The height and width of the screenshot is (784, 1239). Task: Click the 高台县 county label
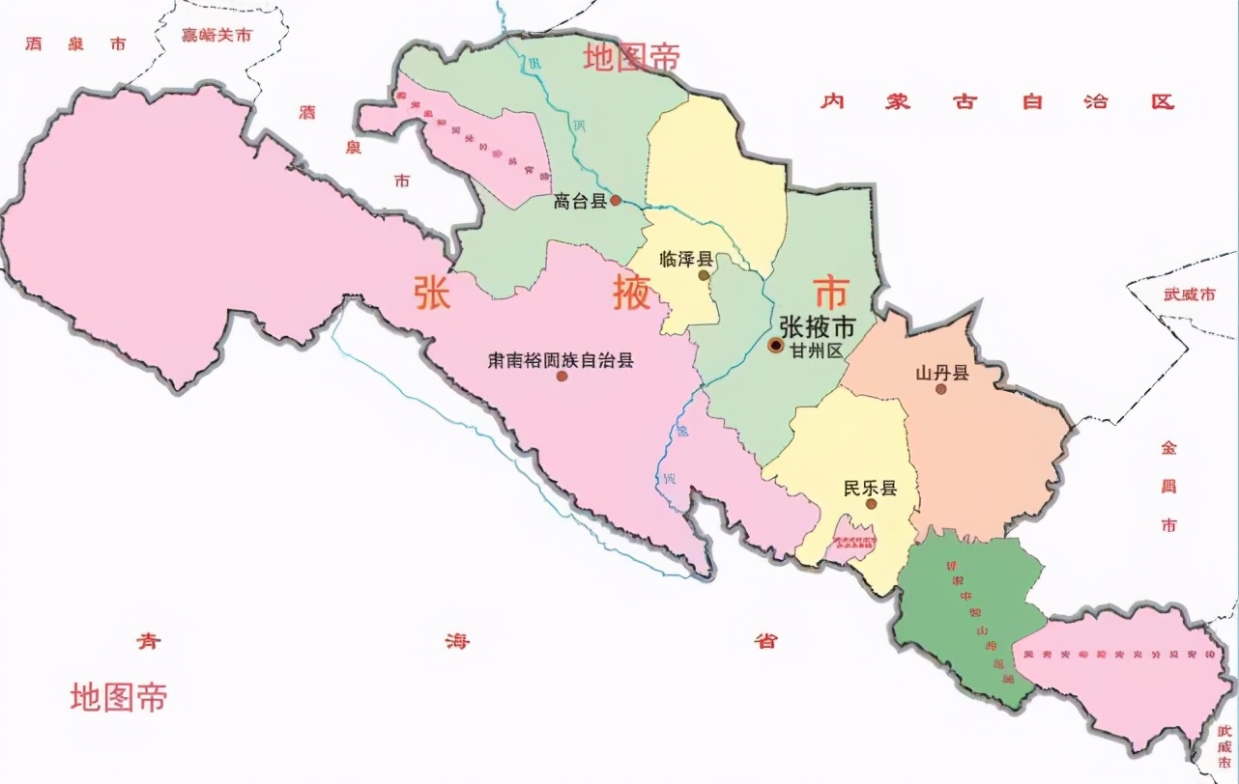tap(579, 202)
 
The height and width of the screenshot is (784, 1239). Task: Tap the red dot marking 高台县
tap(616, 201)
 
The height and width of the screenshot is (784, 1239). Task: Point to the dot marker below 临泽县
tap(704, 276)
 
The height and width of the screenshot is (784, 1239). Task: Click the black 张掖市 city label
tap(817, 327)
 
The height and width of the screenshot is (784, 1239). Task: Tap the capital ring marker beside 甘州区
tap(776, 345)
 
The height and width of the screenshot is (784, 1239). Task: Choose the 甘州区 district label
tap(817, 350)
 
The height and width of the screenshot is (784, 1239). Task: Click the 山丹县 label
tap(942, 373)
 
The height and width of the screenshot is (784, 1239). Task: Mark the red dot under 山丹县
tap(941, 389)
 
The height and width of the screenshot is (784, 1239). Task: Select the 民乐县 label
tap(870, 488)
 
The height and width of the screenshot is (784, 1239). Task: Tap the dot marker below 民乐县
tap(871, 504)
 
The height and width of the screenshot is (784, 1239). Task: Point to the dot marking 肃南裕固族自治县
tap(562, 376)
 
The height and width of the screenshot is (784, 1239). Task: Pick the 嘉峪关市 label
tap(216, 36)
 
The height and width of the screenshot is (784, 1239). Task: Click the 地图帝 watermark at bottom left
tap(118, 696)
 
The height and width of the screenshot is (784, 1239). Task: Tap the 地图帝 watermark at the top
tap(631, 58)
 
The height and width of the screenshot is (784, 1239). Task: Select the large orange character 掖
tap(632, 293)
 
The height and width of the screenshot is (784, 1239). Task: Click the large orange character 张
tap(432, 294)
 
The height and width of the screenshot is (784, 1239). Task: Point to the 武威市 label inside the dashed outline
tap(1189, 294)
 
